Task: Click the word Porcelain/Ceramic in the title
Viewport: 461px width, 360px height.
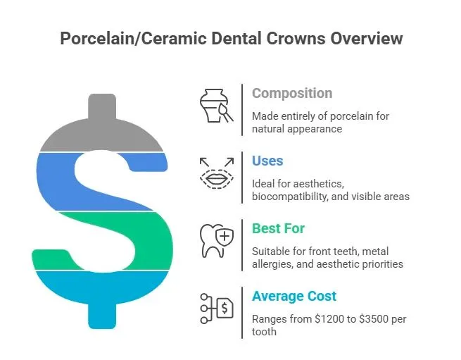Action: (133, 39)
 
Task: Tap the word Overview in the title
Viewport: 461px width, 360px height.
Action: (366, 38)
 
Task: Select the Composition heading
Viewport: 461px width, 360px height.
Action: (292, 94)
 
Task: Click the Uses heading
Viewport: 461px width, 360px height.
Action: (267, 161)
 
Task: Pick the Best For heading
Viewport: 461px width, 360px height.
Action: (278, 228)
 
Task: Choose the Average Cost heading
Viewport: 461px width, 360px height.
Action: (294, 296)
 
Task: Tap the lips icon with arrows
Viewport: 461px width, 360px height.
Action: (217, 173)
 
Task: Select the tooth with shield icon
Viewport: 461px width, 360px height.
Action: (217, 241)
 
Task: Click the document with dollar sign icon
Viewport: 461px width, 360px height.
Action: (217, 309)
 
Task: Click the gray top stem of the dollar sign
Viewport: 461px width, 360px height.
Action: (102, 106)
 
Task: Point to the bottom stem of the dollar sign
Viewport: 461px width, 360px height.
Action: (102, 315)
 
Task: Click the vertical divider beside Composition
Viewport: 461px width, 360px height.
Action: (242, 110)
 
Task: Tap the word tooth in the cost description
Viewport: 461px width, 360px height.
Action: (264, 332)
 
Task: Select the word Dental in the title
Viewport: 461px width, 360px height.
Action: (236, 38)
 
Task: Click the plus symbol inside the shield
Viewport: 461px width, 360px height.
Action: (225, 236)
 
